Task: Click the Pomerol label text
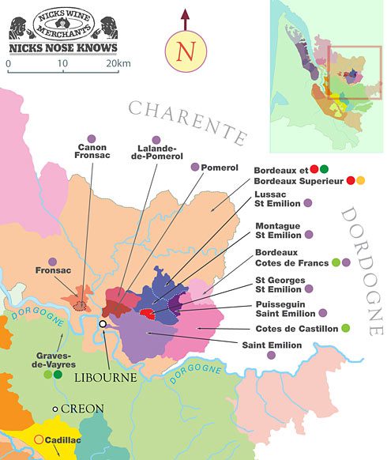coord(220,168)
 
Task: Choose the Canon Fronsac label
coord(92,153)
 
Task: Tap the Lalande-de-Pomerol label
coord(156,153)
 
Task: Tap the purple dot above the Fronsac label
coord(52,262)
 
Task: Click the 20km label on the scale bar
coord(117,62)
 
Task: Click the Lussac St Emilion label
coord(275,198)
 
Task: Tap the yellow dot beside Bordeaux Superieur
coord(361,181)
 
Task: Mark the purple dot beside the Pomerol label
coord(195,168)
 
